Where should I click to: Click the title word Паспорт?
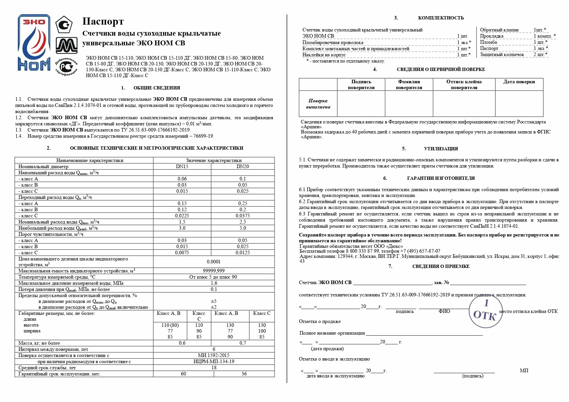(x=103, y=21)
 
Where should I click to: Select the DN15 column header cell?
(x=182, y=167)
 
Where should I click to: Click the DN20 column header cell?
(x=243, y=167)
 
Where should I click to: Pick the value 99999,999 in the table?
(x=214, y=271)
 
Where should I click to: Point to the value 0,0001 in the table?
(x=214, y=262)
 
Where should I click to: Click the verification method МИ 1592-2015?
(x=214, y=355)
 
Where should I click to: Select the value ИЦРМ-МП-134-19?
(x=214, y=362)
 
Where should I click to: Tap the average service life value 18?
(x=214, y=368)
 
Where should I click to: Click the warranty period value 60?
(x=184, y=374)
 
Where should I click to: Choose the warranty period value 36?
(x=244, y=374)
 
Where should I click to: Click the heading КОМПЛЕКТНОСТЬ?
(x=441, y=18)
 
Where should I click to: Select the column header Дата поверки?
(x=519, y=82)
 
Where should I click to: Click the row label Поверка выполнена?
(x=318, y=104)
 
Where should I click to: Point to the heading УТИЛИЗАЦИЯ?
(x=441, y=149)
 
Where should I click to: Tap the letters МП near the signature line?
(x=524, y=371)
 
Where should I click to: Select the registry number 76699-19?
(x=203, y=136)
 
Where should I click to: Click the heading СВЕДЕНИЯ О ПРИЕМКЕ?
(x=441, y=266)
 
